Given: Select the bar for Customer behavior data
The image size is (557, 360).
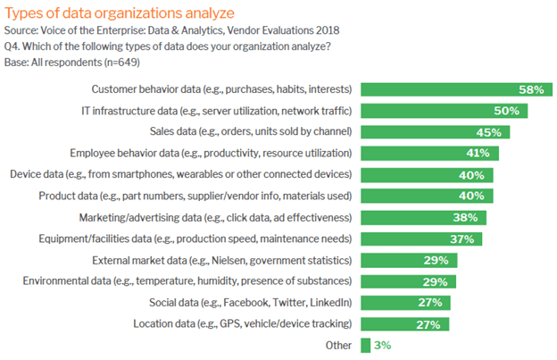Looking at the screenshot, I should pos(454,90).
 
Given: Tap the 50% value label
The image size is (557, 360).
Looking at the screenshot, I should pos(507,111).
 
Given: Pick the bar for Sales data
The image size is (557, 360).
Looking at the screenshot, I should pos(436,132).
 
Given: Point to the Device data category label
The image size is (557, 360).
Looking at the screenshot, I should pos(180,174).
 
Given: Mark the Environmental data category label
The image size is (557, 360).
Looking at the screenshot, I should pos(185,281).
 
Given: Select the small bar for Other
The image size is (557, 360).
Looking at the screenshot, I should pos(366,345).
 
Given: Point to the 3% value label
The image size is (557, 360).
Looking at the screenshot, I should pos(382,345).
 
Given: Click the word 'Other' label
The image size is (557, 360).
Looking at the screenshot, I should pos(337,345).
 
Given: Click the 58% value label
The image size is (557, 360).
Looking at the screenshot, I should pos(533,90).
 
